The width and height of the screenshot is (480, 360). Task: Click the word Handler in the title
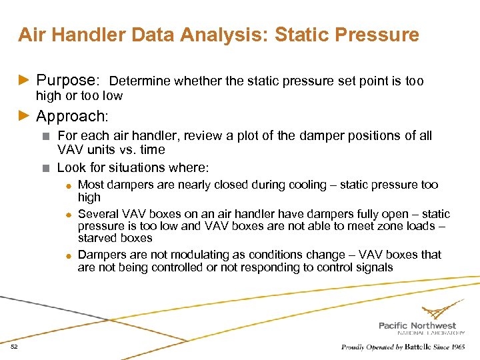tap(78, 35)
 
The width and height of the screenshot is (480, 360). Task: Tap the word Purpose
tap(67, 81)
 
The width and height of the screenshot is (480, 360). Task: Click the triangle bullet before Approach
tap(25, 117)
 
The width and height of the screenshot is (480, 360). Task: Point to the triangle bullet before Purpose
tap(25, 81)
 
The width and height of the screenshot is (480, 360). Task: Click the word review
tap(202, 136)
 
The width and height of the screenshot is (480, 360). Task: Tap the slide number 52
tap(14, 347)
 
